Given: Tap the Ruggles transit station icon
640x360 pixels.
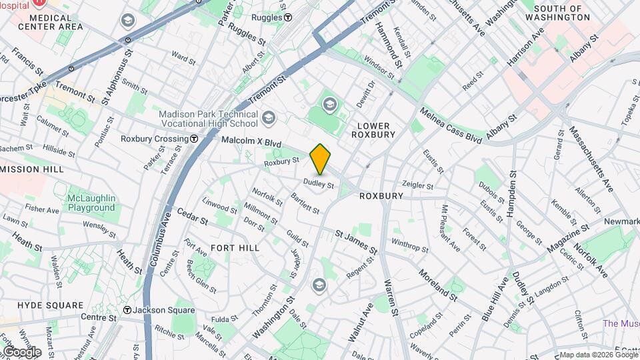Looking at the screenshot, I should [287, 17].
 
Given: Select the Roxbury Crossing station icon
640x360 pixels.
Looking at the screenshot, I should [194, 139].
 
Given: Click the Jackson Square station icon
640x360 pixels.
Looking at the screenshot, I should [127, 310].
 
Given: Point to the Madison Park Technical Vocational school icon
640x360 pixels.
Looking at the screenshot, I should [268, 119].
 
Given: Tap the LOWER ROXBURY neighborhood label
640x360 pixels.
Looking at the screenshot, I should [376, 130].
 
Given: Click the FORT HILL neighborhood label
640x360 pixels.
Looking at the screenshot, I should [235, 247].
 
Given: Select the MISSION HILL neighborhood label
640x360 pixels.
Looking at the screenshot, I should [32, 169].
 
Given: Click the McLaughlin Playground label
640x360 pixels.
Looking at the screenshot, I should [91, 203].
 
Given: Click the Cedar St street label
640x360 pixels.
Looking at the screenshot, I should [192, 219].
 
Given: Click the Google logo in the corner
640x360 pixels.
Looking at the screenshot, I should [21, 351].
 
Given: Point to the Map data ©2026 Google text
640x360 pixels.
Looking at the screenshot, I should [598, 355].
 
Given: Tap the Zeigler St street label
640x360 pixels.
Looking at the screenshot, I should [418, 185].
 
